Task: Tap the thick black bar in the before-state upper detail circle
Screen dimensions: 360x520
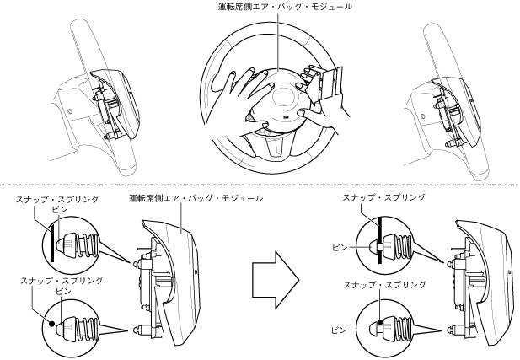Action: [x=52, y=239]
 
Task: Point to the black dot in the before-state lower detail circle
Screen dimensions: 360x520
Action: [x=51, y=322]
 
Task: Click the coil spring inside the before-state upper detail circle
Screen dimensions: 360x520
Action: [x=84, y=242]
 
